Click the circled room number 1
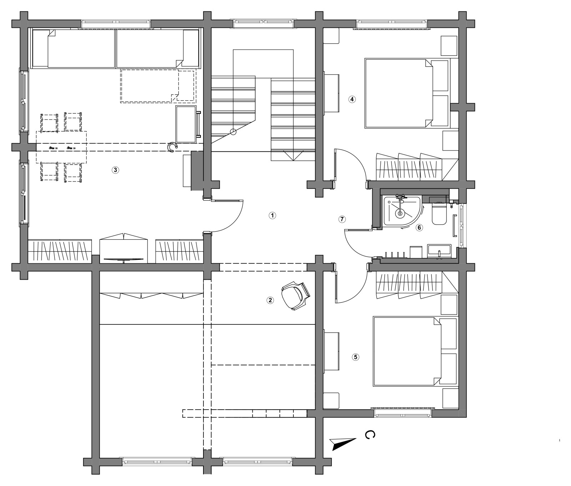[272, 216]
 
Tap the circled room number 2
[270, 300]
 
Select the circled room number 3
[115, 170]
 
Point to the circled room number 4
[352, 99]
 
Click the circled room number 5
[355, 357]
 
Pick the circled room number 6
[419, 227]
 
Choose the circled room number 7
[342, 219]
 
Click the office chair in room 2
[295, 295]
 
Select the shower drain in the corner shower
[400, 214]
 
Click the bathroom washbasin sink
[439, 251]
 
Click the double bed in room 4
[406, 93]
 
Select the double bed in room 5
[415, 351]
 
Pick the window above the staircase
[264, 24]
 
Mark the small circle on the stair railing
[233, 132]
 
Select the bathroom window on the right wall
[463, 226]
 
